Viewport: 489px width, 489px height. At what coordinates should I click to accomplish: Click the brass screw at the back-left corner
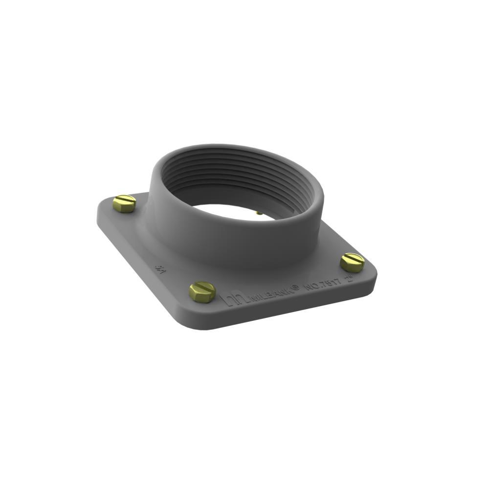click(x=124, y=203)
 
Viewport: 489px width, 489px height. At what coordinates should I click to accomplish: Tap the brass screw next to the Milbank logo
click(x=202, y=291)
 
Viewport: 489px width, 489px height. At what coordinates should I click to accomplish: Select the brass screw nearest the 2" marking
click(x=352, y=263)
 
